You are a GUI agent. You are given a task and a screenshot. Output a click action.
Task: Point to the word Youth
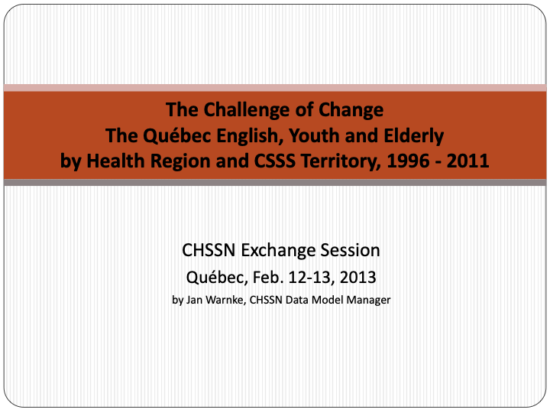point(314,135)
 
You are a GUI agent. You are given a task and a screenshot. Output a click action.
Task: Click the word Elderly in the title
point(414,136)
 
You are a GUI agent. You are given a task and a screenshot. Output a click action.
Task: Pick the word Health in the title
point(115,161)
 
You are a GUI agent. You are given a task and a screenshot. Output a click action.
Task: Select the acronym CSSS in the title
point(275,161)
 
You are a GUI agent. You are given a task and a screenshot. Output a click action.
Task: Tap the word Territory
point(341,161)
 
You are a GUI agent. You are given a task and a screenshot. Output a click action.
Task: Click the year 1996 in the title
point(408,161)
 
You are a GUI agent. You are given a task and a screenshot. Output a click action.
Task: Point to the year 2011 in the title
point(467,161)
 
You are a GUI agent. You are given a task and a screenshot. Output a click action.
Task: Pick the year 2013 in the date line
point(357,277)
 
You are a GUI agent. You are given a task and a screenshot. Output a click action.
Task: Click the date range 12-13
point(311,277)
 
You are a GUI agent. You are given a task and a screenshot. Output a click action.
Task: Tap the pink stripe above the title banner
point(275,88)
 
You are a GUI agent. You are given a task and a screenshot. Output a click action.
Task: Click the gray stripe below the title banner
point(275,182)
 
